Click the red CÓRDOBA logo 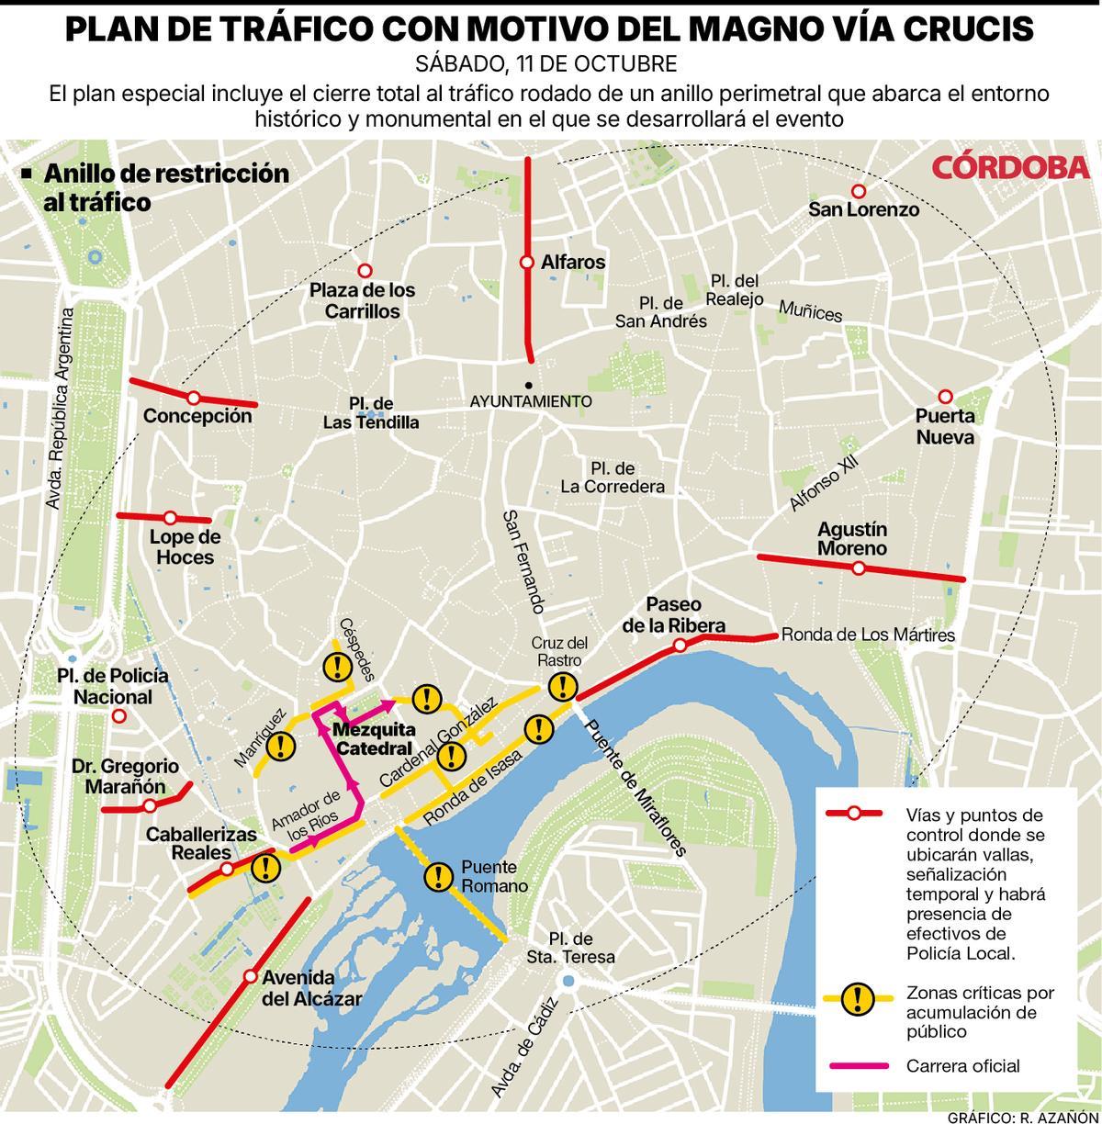coord(1011,167)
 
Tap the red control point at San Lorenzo coord(859,191)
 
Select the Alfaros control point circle coord(527,263)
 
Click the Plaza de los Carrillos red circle coord(365,271)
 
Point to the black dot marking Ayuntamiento coord(529,385)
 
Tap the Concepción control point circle coord(194,398)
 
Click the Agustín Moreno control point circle coord(859,568)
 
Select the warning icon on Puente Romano coord(438,876)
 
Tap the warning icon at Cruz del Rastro coord(562,685)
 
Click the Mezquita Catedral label coord(375,739)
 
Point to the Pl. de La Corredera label coord(613,478)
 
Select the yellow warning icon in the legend coord(857,997)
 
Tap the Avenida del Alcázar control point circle coord(250,975)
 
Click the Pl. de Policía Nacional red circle coord(118,716)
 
